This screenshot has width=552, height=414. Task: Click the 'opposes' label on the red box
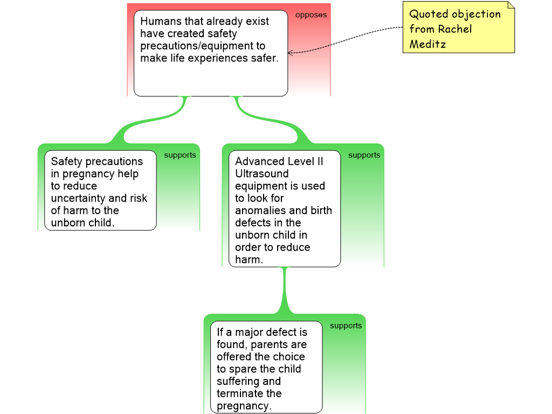310,15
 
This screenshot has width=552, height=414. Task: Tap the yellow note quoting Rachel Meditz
458,28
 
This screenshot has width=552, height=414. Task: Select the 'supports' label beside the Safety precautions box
180,155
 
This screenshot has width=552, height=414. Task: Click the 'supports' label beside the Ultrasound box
364,155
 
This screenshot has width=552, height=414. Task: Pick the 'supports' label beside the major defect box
346,326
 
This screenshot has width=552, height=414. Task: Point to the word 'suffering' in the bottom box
239,381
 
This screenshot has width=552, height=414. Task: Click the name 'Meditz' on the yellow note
427,44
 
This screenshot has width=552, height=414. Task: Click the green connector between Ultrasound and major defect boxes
284,291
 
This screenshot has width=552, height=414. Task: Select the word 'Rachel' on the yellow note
456,29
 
